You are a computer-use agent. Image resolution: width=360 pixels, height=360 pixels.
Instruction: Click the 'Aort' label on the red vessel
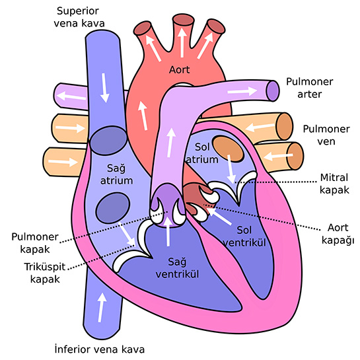click(x=179, y=69)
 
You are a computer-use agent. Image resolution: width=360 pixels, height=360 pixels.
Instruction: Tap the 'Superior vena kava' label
click(x=79, y=17)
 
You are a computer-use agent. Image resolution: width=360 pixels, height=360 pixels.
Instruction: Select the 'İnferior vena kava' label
click(x=100, y=349)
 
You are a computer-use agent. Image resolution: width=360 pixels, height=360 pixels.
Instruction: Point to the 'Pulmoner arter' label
click(x=310, y=88)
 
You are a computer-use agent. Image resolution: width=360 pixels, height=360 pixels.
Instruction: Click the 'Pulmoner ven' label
click(x=326, y=135)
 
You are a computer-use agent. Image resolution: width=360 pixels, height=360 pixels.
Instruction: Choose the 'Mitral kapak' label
click(x=334, y=184)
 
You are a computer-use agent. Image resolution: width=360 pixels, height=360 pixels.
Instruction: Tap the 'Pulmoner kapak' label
click(x=35, y=243)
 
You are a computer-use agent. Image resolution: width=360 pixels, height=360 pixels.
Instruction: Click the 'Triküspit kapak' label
click(x=45, y=273)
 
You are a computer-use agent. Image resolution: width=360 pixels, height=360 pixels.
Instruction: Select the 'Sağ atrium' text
click(x=116, y=174)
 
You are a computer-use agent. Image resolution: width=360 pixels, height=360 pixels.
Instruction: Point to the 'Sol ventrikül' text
click(x=244, y=236)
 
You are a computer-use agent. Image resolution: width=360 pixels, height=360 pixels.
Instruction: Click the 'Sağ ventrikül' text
click(x=177, y=268)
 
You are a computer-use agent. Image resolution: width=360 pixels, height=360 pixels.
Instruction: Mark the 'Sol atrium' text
click(x=202, y=153)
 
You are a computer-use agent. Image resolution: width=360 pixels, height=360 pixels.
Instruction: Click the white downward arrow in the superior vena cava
click(x=104, y=88)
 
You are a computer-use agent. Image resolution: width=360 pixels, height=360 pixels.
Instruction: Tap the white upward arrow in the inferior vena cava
click(x=101, y=307)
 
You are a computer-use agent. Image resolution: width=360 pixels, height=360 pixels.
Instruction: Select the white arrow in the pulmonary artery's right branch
click(x=242, y=91)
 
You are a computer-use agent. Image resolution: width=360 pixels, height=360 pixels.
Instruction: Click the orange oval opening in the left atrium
click(x=228, y=149)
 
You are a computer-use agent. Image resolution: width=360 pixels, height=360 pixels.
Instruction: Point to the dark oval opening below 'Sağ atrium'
click(x=113, y=208)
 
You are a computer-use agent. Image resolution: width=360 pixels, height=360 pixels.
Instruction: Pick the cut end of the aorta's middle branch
click(x=183, y=20)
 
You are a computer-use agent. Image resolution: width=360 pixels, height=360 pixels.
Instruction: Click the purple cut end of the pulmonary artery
click(x=273, y=90)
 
